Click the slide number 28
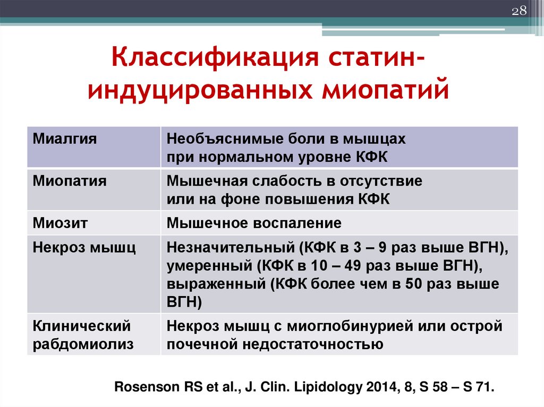[x=519, y=11]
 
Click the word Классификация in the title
[x=215, y=57]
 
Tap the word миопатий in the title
[x=385, y=90]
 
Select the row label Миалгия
[x=64, y=138]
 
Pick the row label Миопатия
[x=70, y=181]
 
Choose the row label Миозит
[x=60, y=223]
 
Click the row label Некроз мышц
[x=84, y=248]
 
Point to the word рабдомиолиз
[x=83, y=344]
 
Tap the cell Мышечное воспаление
[x=254, y=223]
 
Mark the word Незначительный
[x=231, y=247]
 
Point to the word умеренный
[x=209, y=266]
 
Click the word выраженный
[x=216, y=284]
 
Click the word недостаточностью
[x=312, y=344]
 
